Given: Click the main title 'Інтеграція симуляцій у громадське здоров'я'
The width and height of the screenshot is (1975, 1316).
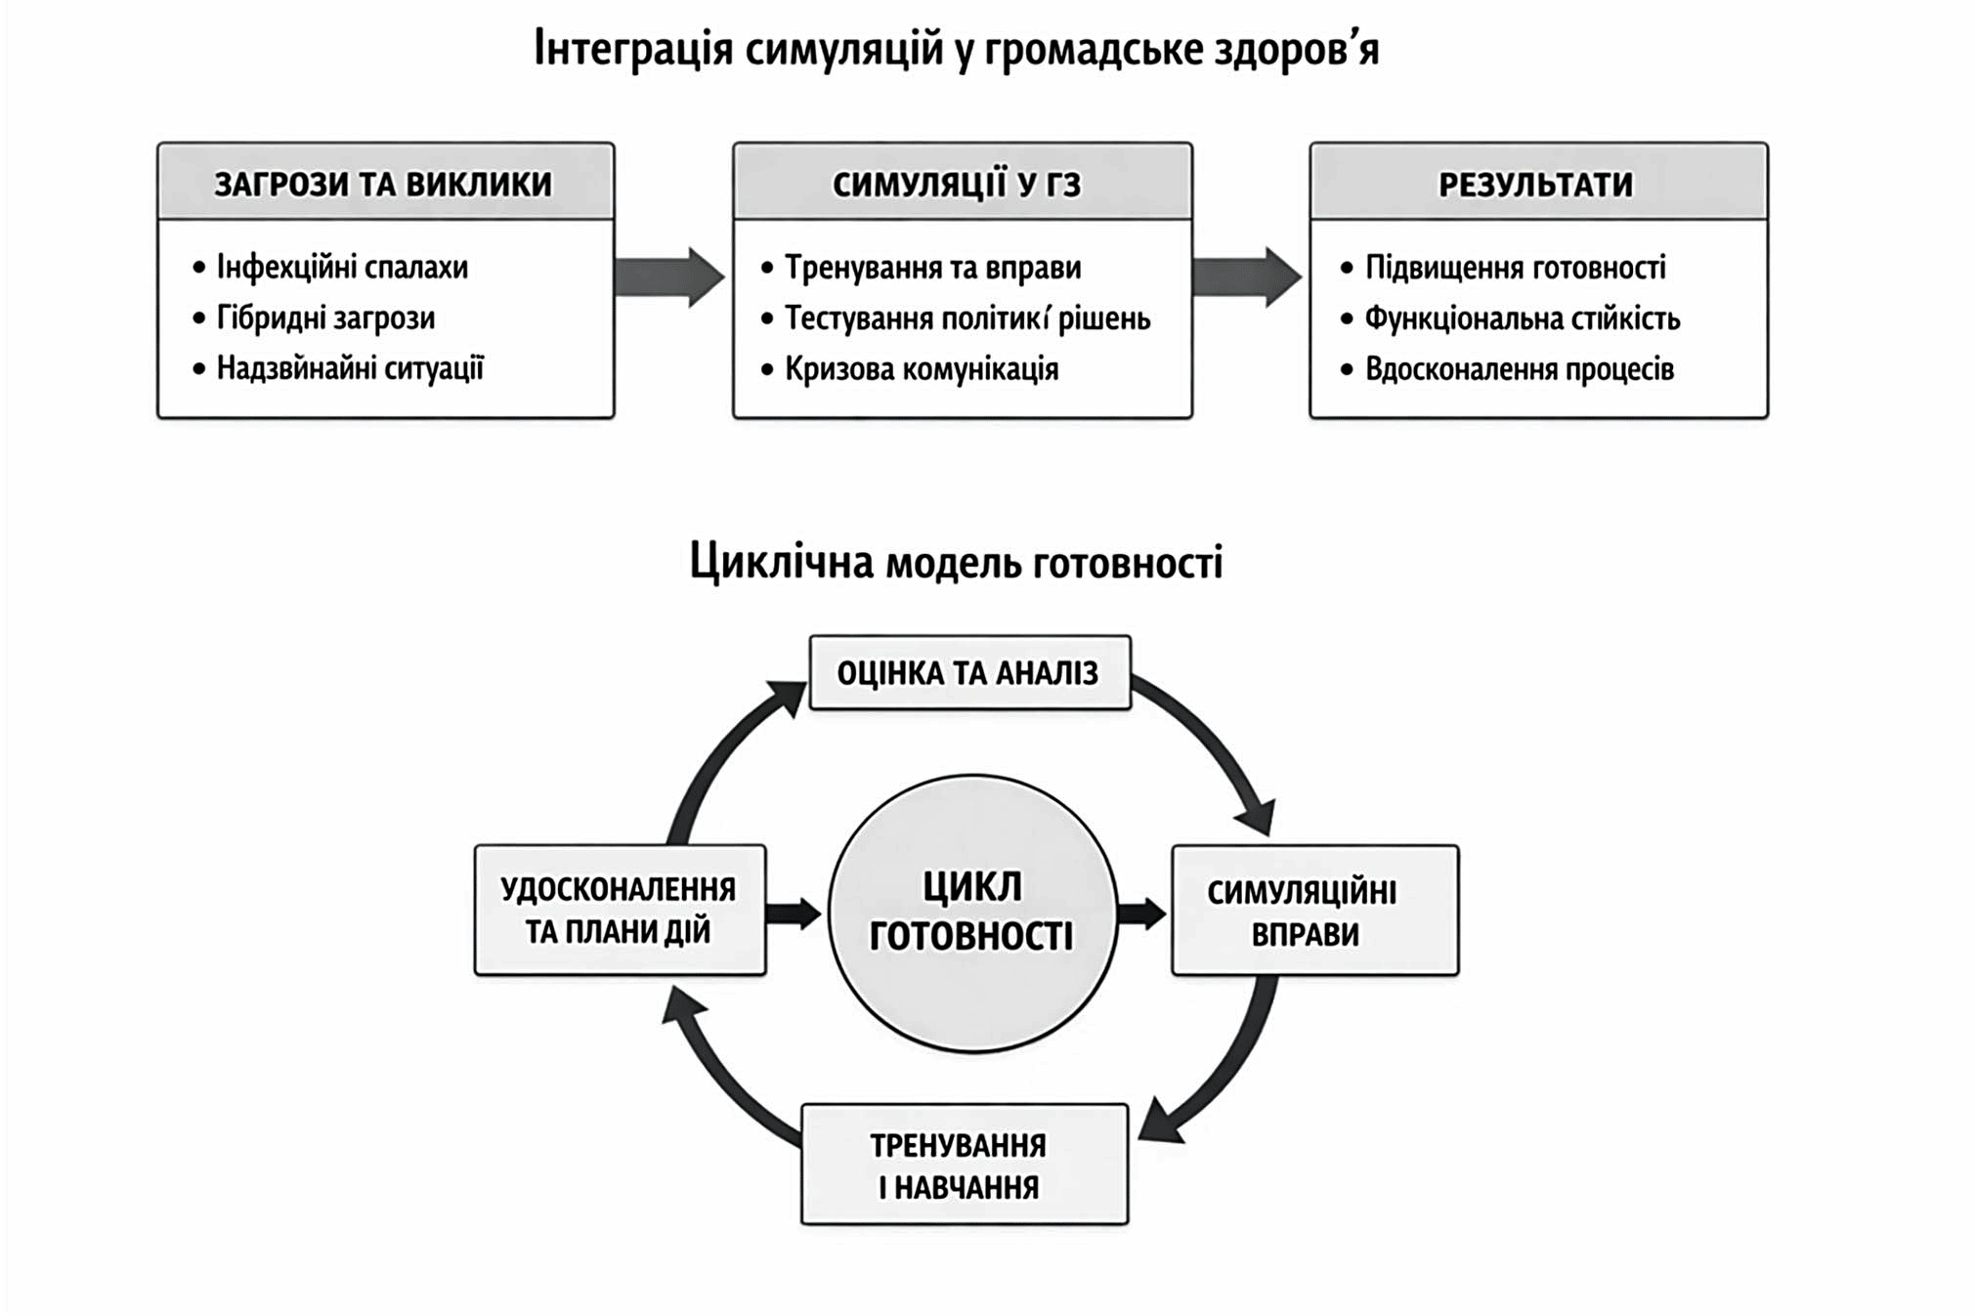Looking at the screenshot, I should (x=956, y=49).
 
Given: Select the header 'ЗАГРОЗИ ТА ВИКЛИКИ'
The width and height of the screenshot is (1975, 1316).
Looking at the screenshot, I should (x=384, y=184).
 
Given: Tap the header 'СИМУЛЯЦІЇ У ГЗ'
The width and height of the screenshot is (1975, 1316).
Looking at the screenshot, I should (x=958, y=184).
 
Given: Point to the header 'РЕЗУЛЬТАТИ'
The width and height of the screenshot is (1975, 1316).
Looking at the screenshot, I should (x=1535, y=184).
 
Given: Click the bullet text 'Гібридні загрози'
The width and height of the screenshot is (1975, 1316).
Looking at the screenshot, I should (x=325, y=318).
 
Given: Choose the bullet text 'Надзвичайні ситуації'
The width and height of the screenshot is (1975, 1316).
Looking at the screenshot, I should (x=350, y=368).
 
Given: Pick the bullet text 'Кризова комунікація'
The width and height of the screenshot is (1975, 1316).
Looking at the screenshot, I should (x=922, y=369).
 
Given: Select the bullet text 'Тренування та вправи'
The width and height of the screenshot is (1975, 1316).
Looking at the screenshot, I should (x=933, y=268).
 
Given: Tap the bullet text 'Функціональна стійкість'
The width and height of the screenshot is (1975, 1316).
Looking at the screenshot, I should (x=1522, y=318).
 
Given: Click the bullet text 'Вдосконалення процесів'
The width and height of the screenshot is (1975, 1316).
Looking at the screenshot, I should (x=1520, y=369).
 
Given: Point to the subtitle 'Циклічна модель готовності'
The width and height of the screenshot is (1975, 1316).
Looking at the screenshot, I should (x=956, y=563).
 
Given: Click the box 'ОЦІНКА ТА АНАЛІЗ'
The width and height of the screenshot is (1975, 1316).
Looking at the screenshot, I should (x=969, y=673).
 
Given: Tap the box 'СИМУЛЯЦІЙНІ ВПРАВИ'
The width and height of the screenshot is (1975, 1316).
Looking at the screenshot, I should (x=1314, y=911).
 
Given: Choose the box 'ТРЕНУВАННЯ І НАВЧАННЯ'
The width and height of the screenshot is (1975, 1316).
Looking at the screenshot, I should (x=964, y=1165).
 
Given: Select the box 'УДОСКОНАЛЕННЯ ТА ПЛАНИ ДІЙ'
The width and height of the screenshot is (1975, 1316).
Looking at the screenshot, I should (x=620, y=911).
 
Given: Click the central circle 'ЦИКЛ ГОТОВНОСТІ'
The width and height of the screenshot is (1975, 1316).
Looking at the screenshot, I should (x=972, y=913).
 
